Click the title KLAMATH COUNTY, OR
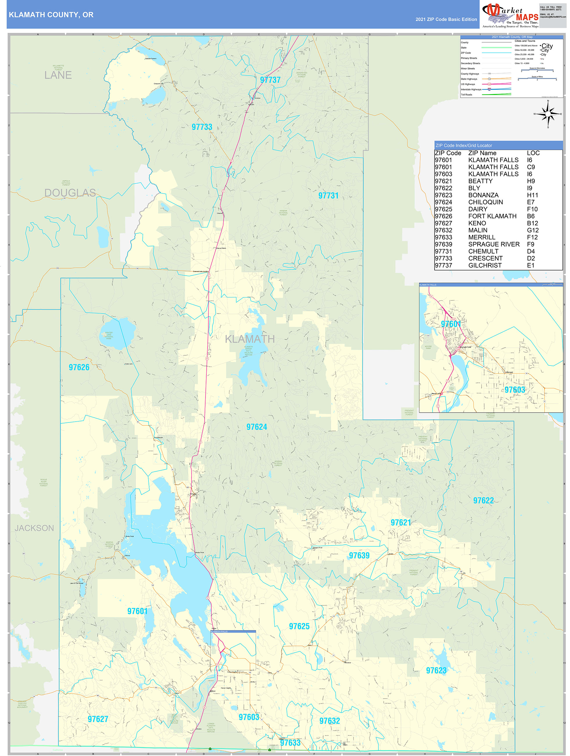(51, 15)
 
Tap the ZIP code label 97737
(270, 80)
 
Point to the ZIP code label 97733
(202, 127)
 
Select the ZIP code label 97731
(328, 196)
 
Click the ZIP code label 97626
(79, 368)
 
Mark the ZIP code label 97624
(256, 427)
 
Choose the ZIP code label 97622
(483, 501)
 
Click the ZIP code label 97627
(98, 719)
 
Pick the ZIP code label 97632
(329, 721)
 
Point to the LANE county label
(58, 75)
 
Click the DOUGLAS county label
(70, 193)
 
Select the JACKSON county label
(34, 528)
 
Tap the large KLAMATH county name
(249, 339)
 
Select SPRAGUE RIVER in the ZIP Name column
(494, 244)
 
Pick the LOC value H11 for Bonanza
(532, 195)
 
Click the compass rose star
(548, 114)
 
